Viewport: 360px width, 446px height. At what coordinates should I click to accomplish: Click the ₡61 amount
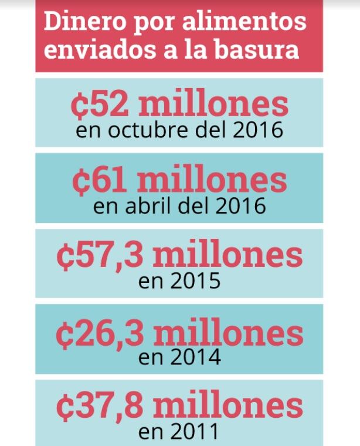[100, 181]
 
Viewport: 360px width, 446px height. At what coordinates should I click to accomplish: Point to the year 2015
[195, 281]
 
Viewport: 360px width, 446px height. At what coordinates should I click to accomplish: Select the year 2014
[195, 357]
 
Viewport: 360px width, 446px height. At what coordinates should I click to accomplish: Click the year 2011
[195, 432]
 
